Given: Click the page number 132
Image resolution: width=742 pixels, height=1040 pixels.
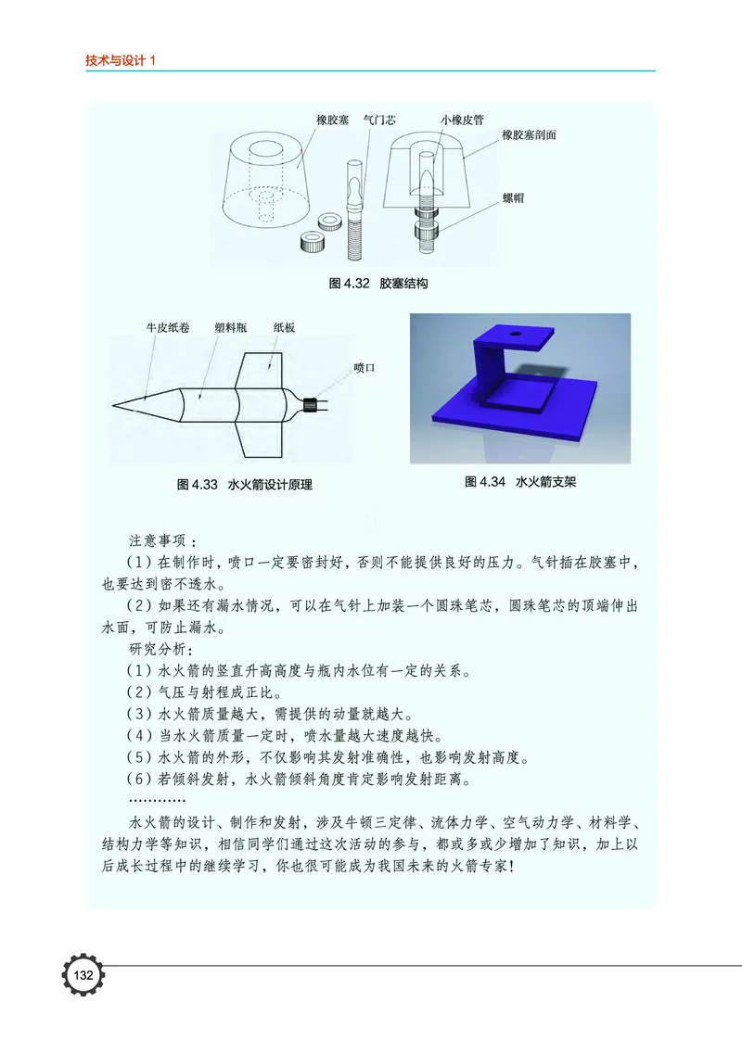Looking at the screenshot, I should click(x=83, y=976).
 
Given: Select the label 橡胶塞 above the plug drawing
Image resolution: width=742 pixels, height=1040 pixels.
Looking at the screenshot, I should click(x=332, y=120).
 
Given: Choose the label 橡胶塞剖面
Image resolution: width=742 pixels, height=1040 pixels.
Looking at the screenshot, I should click(x=530, y=135).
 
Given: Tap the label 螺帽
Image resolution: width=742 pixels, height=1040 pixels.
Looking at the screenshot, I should click(x=513, y=198).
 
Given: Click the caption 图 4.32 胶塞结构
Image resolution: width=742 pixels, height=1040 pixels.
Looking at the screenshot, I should click(x=378, y=284).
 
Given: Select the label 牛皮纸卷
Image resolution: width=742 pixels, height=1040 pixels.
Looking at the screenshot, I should click(x=168, y=328).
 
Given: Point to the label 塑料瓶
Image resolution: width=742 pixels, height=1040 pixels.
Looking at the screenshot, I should click(x=230, y=328).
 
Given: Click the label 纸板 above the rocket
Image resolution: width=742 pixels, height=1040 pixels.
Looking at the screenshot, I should click(x=285, y=328).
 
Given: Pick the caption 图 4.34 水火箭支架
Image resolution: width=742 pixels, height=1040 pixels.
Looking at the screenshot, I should click(x=520, y=482).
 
